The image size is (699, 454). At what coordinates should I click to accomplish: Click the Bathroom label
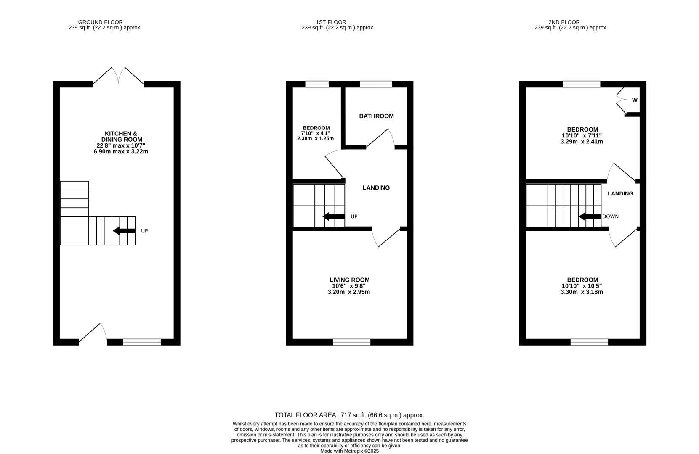[376, 116]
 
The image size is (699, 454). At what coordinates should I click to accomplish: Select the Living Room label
[349, 280]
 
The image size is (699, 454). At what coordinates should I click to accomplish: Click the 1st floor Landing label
[376, 188]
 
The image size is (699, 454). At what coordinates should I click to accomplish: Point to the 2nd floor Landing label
[620, 194]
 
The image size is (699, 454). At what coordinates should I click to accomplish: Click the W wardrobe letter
[635, 100]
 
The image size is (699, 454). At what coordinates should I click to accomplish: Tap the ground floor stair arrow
[124, 231]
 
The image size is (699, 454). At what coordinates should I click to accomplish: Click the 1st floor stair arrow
[333, 216]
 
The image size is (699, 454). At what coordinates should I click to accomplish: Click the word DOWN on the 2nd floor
[610, 217]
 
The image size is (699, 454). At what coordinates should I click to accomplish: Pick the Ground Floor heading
[101, 22]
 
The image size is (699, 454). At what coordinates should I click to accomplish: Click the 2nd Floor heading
[564, 22]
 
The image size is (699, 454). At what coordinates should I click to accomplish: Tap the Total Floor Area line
[349, 415]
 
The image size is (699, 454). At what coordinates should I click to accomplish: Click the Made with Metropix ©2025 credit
[349, 451]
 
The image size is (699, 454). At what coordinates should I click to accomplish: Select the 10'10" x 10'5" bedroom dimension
[582, 286]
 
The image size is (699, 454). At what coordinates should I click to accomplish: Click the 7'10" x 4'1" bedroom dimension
[316, 133]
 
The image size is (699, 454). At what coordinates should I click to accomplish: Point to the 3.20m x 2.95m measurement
[348, 292]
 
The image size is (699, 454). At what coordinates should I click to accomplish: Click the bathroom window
[376, 84]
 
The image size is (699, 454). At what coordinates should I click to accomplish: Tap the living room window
[351, 342]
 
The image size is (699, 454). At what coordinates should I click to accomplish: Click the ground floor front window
[142, 342]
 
